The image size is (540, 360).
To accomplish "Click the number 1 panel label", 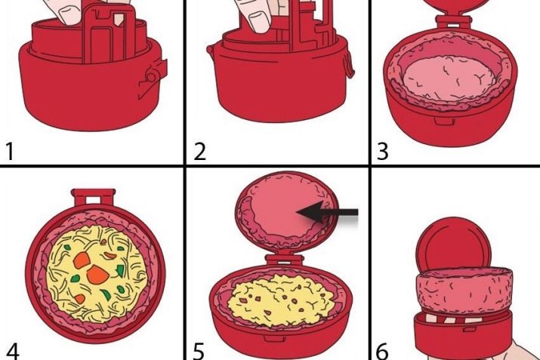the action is pos(10,152).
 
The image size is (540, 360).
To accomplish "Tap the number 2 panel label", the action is pos(199,152).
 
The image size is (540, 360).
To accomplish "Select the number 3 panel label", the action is pos(383,152).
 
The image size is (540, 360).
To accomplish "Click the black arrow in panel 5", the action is pos(327,212).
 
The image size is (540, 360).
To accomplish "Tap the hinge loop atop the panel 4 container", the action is pos(93,197).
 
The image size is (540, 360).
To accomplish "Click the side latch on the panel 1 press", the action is pos(153,78).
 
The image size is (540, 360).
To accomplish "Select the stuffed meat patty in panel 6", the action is pos(464,290).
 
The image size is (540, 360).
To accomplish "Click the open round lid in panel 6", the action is pos(453,245).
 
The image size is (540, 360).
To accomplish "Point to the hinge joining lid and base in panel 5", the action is pos(284,260).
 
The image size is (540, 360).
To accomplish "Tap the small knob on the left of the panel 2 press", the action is pos(209,50).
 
